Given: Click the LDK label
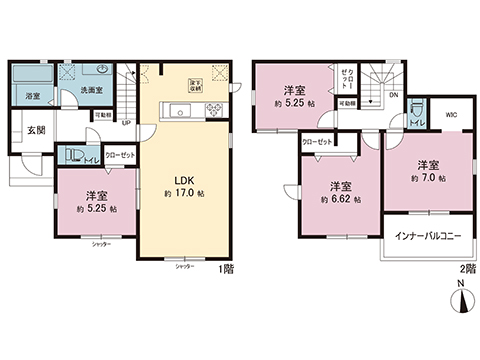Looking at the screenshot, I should [x=184, y=181].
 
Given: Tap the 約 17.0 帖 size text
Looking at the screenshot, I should [x=184, y=193].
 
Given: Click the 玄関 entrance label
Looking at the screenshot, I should [x=35, y=130].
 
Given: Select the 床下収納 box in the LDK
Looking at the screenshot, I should [x=194, y=85].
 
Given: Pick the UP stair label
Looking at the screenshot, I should [x=126, y=123].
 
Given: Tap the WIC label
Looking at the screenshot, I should [x=452, y=114].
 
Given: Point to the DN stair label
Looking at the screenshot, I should [x=392, y=96].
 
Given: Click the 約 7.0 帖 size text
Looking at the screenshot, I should [x=428, y=177].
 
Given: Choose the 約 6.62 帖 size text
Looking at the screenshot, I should [x=342, y=198].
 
